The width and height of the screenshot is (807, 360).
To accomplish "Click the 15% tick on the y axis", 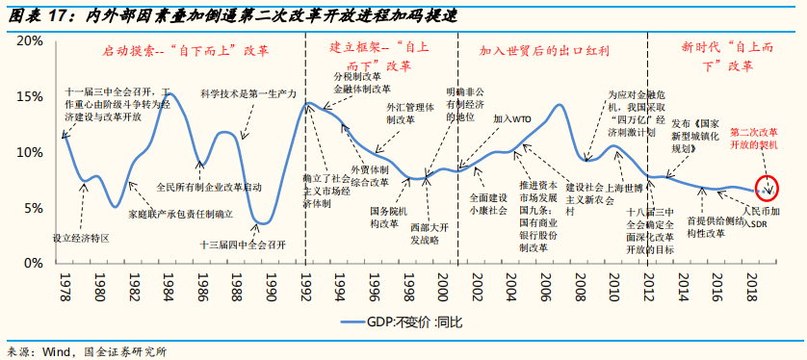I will [x=29, y=96].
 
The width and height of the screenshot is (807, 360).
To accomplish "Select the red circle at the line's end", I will [x=769, y=187].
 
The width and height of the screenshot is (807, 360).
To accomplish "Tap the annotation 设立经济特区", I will [x=82, y=236].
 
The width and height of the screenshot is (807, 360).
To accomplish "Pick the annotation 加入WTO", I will [x=512, y=118].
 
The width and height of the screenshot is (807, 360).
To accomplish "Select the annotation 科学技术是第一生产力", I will [x=247, y=93].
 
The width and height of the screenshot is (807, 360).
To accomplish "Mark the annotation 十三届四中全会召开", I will [x=244, y=244].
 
